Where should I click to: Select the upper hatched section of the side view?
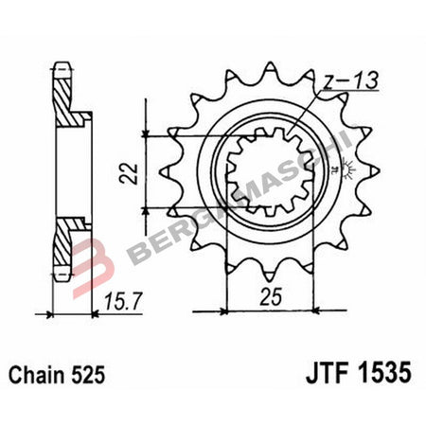(63, 100)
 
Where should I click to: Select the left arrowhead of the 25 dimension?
(228, 309)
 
